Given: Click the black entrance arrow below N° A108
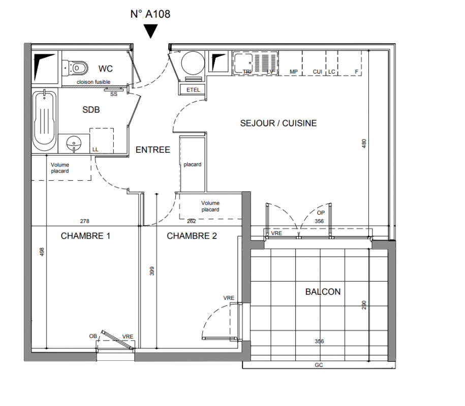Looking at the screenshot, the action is pyautogui.click(x=150, y=31).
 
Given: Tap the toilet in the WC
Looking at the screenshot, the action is pyautogui.click(x=75, y=67).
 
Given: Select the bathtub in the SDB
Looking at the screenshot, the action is pyautogui.click(x=45, y=121).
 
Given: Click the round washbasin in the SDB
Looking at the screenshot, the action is pyautogui.click(x=73, y=143).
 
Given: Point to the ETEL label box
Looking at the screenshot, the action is pyautogui.click(x=193, y=90).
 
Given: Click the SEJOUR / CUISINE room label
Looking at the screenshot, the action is pyautogui.click(x=278, y=123).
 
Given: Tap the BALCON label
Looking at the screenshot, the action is pyautogui.click(x=323, y=292).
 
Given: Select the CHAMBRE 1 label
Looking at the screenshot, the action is pyautogui.click(x=85, y=236).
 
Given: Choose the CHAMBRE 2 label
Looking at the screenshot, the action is pyautogui.click(x=192, y=236).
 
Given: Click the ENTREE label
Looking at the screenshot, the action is pyautogui.click(x=153, y=150).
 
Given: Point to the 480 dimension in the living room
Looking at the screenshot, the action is pyautogui.click(x=364, y=144).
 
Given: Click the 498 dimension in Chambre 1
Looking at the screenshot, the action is pyautogui.click(x=42, y=252).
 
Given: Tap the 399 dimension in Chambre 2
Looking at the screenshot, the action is pyautogui.click(x=152, y=272).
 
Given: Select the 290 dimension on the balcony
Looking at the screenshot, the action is pyautogui.click(x=364, y=306).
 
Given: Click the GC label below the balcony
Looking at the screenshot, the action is pyautogui.click(x=319, y=365).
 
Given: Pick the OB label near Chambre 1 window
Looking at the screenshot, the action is pyautogui.click(x=93, y=336).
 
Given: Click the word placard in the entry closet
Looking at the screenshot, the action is pyautogui.click(x=193, y=164).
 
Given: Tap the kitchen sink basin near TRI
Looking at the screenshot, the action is pyautogui.click(x=243, y=63).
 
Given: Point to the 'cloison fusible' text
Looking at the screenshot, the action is pyautogui.click(x=94, y=82).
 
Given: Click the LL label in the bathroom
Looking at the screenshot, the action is pyautogui.click(x=95, y=150).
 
